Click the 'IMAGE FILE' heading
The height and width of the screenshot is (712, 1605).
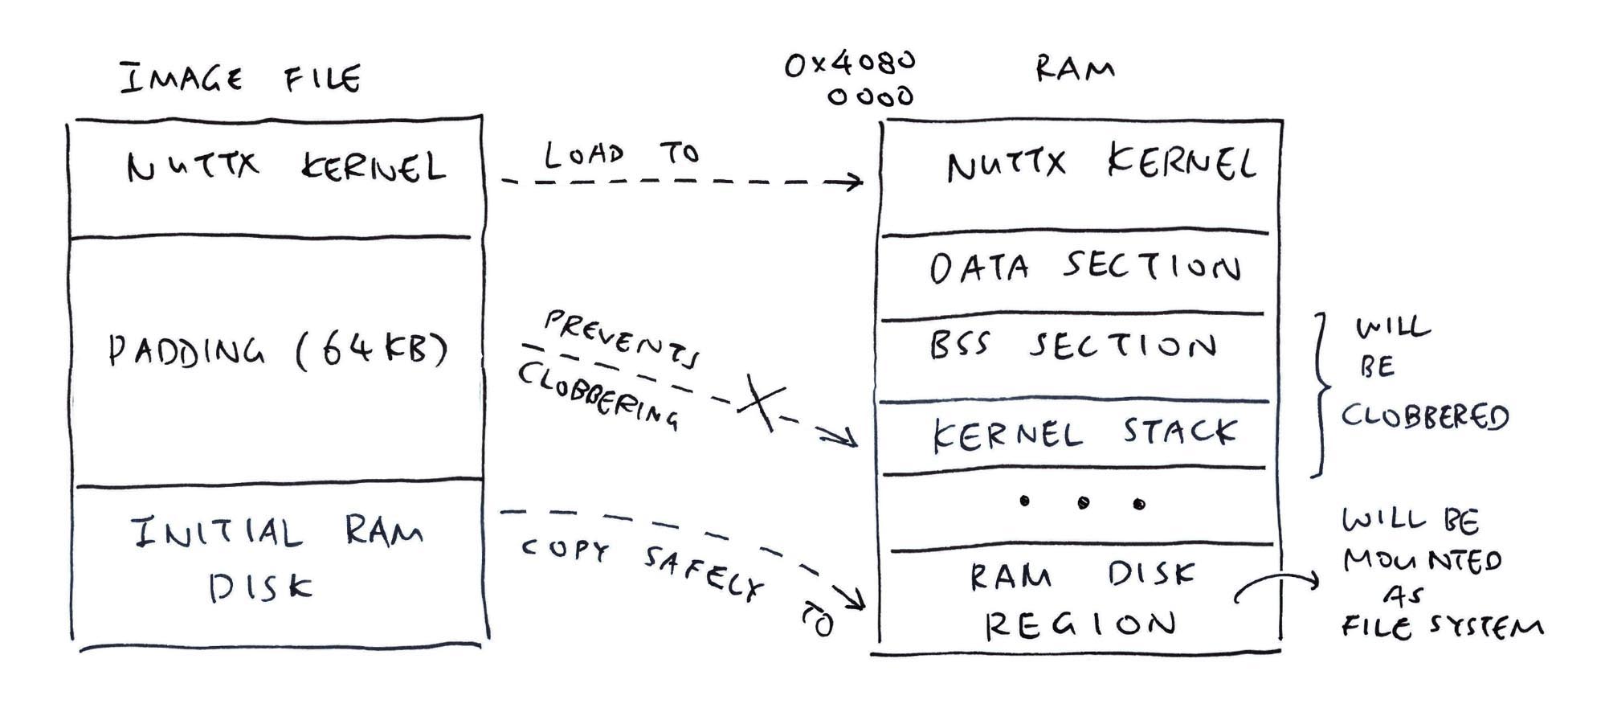coord(240,79)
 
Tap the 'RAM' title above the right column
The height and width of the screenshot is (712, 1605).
coord(1074,69)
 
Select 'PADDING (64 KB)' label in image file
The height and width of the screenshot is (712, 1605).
coord(277,350)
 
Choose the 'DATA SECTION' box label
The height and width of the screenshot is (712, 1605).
coord(1084,268)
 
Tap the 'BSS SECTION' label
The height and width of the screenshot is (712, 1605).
coord(1072,346)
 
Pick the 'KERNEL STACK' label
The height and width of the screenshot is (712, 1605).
coord(1084,434)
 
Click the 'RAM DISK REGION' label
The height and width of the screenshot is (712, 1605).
coord(1080,599)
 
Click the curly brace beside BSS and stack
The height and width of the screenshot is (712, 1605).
coord(1319,394)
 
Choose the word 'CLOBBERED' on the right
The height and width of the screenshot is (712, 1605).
coord(1424,416)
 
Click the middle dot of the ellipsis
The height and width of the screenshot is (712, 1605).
coord(1083,503)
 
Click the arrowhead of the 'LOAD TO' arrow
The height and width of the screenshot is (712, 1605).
coord(856,182)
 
